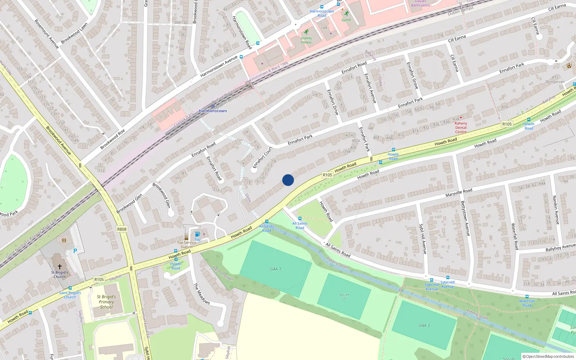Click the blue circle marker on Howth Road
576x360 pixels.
point(288,180)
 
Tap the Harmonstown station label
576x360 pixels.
point(213,111)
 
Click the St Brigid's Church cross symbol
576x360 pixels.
point(60,267)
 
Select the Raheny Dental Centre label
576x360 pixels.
point(461,127)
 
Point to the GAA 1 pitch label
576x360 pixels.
point(275,269)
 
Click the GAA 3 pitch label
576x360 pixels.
point(424,325)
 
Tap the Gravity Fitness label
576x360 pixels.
point(306,40)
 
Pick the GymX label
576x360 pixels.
point(346,20)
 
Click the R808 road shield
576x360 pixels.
point(122,229)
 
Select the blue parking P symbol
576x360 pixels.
point(75,251)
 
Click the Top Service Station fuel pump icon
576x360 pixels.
point(197,234)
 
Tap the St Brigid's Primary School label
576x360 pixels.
point(106,302)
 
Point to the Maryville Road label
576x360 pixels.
point(459,193)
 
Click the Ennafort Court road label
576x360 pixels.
point(262,158)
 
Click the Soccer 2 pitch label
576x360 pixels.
point(344,297)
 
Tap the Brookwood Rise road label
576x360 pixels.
point(113,139)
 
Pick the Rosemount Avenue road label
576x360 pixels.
point(46,34)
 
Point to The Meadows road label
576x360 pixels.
point(202,293)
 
